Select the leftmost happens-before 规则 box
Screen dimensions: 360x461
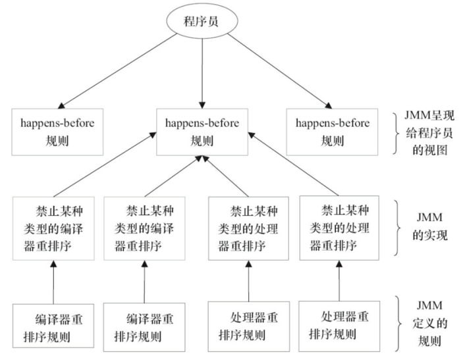(57, 131)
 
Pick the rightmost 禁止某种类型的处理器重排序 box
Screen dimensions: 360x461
(339, 228)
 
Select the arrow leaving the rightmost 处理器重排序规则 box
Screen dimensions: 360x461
(340, 279)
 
